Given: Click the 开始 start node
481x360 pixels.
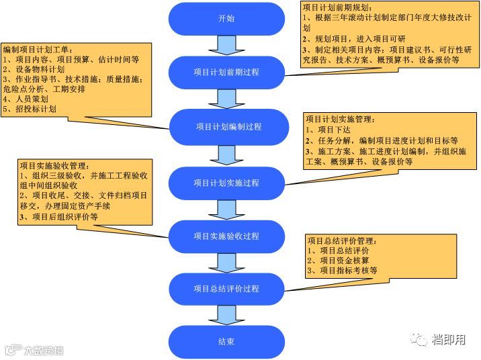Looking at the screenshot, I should tap(226, 19).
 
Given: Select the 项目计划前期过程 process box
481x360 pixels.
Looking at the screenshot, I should tap(226, 72).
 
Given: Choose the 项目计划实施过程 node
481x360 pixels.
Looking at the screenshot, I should tap(226, 182).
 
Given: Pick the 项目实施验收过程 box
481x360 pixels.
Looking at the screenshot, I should tap(226, 236).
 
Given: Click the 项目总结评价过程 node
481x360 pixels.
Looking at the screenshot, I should tap(226, 289).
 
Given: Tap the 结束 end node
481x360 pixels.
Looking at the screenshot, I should tap(226, 341).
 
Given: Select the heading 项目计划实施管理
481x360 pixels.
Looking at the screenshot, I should tap(340, 120).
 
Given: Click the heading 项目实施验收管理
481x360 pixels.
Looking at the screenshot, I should tap(54, 165).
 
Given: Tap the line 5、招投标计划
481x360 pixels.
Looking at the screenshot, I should tap(30, 109).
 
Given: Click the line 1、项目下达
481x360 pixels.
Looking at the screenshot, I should tap(329, 130).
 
